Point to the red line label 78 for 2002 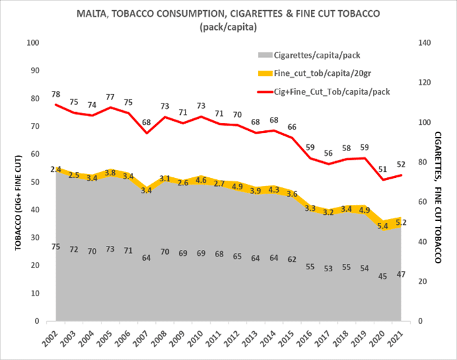click(x=56, y=95)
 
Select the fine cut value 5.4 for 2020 click(x=383, y=226)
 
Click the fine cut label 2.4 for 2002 click(x=56, y=169)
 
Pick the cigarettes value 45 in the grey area click(x=383, y=274)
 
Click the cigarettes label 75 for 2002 click(x=56, y=247)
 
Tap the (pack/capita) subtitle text click(x=229, y=27)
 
